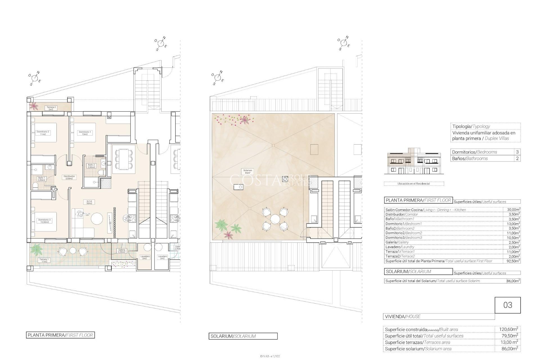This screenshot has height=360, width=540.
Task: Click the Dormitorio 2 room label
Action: tap(43, 133)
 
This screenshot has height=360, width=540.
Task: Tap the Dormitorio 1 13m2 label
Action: tap(85, 133)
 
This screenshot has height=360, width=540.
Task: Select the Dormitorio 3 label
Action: tap(44, 221)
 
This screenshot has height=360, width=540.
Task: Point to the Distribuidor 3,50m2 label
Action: tap(69, 177)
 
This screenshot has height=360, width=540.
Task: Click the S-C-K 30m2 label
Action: tap(89, 202)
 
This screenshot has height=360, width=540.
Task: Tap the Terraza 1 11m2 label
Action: tap(44, 260)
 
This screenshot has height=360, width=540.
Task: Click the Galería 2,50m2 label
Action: tap(122, 251)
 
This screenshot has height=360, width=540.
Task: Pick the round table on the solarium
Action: tap(275, 219)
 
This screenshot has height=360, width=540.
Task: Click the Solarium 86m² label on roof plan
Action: tap(247, 172)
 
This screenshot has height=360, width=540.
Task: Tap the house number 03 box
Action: tap(507, 305)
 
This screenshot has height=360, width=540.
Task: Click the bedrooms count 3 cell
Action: tap(517, 152)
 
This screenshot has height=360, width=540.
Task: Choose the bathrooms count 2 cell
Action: tap(517, 159)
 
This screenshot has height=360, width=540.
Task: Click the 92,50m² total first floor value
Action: tap(512, 261)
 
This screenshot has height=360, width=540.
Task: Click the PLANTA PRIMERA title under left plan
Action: tap(60, 335)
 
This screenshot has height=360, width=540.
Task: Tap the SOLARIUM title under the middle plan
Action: tap(243, 336)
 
